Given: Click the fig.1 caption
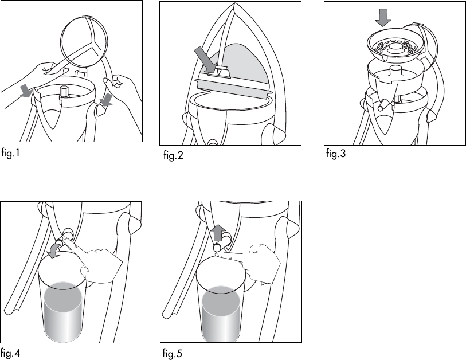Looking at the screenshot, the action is [x=10, y=154].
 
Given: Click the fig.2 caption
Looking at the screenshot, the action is [x=173, y=155].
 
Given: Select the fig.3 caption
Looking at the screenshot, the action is [x=336, y=154].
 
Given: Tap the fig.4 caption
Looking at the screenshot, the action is [x=10, y=353].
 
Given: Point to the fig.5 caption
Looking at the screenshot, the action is [x=172, y=353].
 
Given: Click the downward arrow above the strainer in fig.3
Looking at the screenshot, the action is [x=383, y=18].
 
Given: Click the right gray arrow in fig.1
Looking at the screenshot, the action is [x=107, y=100].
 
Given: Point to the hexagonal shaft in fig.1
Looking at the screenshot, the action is [x=64, y=93].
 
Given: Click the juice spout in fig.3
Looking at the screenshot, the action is [x=383, y=105].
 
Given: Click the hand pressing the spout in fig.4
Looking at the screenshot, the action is [x=95, y=262].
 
